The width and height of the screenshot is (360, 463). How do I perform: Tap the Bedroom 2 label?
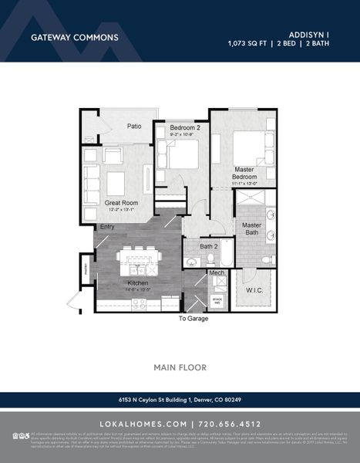coord(185,127)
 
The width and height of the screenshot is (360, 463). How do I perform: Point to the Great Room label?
coord(121,203)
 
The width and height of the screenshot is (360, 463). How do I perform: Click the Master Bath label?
coord(252,229)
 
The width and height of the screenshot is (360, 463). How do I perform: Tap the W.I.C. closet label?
coord(254,291)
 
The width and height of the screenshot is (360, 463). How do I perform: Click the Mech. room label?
coord(217,273)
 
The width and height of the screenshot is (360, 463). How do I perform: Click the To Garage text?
coord(193,318)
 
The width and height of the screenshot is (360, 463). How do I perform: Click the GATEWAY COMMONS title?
coord(74,36)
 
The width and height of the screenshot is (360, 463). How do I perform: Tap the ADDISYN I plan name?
coord(309,35)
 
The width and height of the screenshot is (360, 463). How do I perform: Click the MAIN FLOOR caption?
coord(180,367)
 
